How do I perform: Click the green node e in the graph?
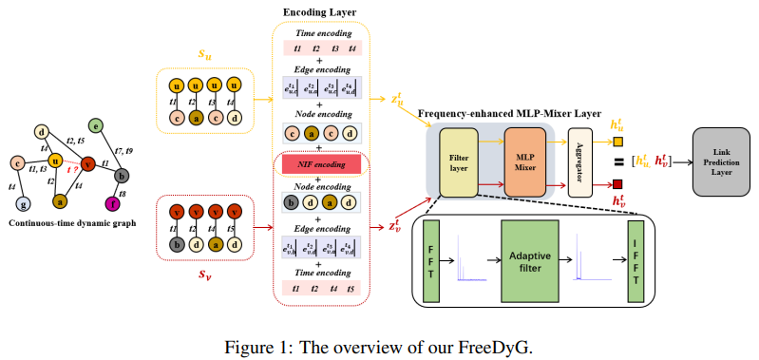(95, 125)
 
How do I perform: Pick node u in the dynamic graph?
(57, 161)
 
